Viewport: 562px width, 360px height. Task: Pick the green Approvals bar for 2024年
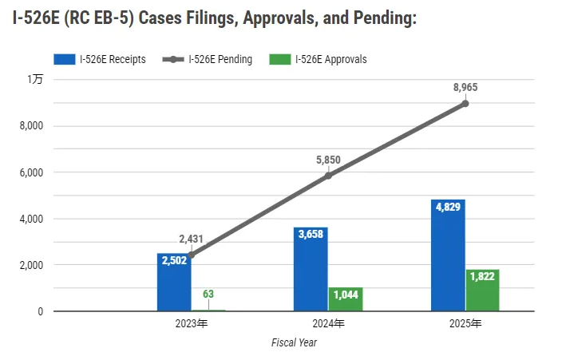(x=345, y=299)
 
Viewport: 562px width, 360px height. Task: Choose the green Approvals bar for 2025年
(x=482, y=291)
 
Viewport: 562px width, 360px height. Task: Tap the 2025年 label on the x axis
(x=465, y=324)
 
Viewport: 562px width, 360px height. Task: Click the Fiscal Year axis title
(x=295, y=342)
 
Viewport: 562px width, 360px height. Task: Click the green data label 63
(x=208, y=294)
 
